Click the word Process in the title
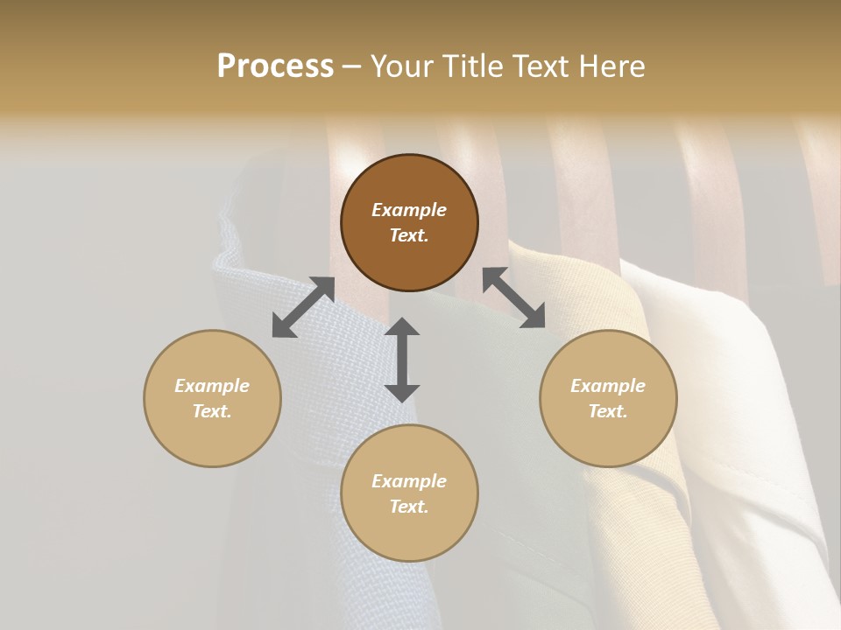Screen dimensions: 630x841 (x=275, y=66)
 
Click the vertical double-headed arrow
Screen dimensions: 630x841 (x=402, y=360)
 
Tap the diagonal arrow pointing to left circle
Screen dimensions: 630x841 (x=303, y=307)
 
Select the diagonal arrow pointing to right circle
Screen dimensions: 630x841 (x=514, y=297)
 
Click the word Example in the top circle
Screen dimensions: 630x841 (x=409, y=210)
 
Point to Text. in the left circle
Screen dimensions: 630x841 (x=212, y=411)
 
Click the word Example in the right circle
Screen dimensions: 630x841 (x=608, y=386)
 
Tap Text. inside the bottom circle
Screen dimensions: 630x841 (x=409, y=507)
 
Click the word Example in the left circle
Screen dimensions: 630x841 (x=212, y=386)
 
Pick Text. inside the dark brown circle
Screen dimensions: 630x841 (x=409, y=235)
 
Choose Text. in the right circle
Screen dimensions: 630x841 (x=608, y=411)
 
